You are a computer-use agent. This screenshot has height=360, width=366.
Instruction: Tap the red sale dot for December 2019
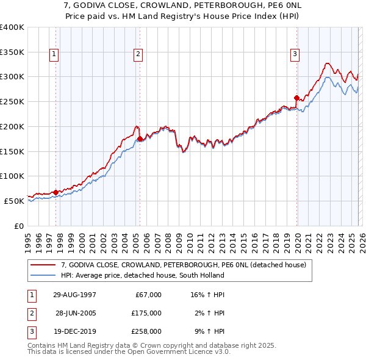(x=296, y=98)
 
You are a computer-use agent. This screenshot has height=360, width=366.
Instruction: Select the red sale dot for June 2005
(x=140, y=139)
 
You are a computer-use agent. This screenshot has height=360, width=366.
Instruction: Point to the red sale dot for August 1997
(x=56, y=192)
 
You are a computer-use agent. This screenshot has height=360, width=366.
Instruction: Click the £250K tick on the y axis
(x=12, y=101)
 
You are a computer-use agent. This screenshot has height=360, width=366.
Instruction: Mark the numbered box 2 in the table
(x=30, y=312)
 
